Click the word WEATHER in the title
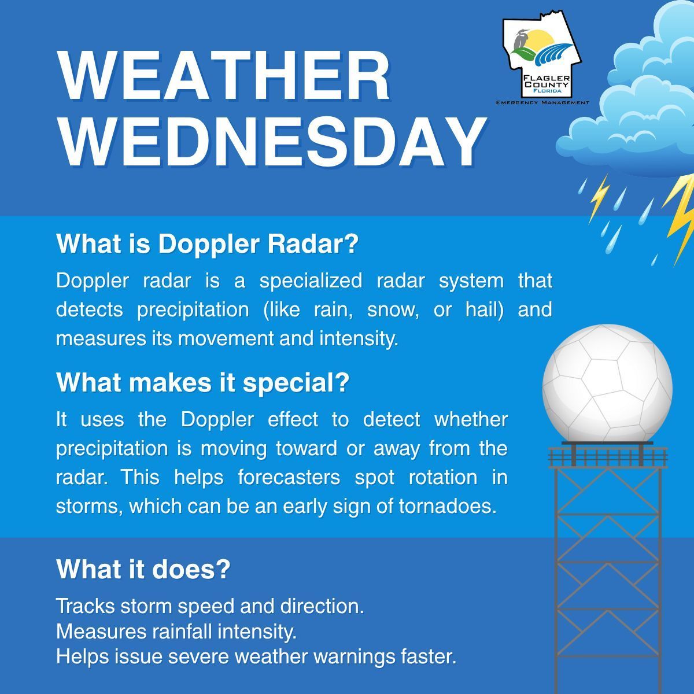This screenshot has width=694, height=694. coord(224,76)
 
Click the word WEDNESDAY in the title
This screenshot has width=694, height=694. coord(272,142)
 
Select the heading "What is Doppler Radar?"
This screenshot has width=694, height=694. coord(207,244)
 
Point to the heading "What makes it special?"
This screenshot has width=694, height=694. coord(202,382)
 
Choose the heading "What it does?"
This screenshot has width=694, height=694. coord(143,569)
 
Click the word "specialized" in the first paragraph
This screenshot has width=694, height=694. coord(311,281)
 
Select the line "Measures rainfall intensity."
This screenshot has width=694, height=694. coord(176,632)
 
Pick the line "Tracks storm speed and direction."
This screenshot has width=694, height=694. coord(209,606)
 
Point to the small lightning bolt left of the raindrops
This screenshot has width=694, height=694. coord(598,198)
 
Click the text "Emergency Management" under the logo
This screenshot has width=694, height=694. coord(542,102)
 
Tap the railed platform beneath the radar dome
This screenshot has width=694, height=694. coord(608,456)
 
